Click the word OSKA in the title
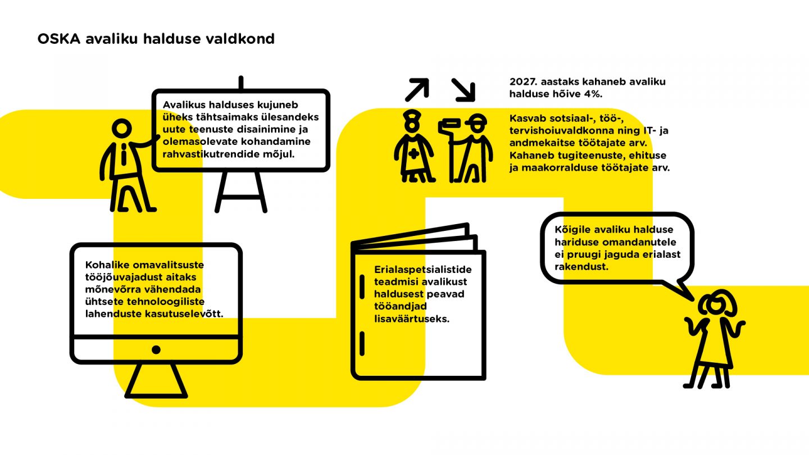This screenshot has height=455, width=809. [x=59, y=39]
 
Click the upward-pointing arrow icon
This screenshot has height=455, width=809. [x=417, y=89]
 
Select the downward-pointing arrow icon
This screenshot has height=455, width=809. [x=463, y=89]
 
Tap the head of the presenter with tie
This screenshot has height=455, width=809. [x=122, y=128]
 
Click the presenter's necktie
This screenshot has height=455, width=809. [x=124, y=154]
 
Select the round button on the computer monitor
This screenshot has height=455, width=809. [x=156, y=349]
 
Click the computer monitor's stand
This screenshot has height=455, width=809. [x=156, y=380]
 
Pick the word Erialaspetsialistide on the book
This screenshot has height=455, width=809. [x=423, y=270]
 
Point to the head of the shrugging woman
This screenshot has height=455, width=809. [x=716, y=304]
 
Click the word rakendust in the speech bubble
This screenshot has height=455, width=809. [x=581, y=267]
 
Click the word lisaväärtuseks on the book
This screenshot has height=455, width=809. [x=412, y=319]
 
